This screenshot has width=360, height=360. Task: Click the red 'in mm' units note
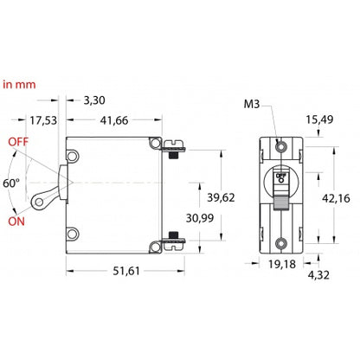19,85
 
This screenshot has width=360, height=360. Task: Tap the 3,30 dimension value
94,100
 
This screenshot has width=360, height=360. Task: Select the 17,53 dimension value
43,120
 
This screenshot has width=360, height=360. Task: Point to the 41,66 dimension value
114,120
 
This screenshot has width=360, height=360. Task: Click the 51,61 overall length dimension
126,271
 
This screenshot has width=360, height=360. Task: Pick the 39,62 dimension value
221,197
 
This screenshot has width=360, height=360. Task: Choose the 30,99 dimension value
200,218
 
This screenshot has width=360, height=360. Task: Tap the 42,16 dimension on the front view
336,198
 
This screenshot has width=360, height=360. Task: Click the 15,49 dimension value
319,119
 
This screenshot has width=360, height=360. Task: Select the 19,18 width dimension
282,264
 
